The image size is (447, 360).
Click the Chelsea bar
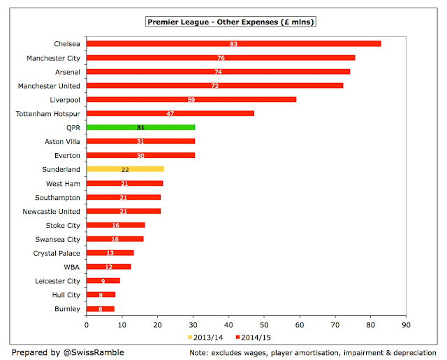click(234, 43)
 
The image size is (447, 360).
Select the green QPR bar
click(141, 127)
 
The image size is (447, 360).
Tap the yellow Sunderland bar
click(125, 169)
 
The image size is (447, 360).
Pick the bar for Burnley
click(101, 309)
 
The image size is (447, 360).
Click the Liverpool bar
click(191, 99)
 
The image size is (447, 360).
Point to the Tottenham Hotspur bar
click(170, 113)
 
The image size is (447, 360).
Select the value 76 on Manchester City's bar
click(221, 58)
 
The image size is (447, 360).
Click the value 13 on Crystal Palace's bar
click(110, 253)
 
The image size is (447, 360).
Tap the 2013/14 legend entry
click(205, 338)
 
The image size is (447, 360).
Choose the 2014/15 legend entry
click(253, 338)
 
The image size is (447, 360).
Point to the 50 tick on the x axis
click(264, 325)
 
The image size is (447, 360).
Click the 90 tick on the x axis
click(406, 325)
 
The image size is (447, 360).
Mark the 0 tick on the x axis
click(87, 325)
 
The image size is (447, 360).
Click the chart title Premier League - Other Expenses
click(230, 22)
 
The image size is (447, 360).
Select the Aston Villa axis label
click(62, 141)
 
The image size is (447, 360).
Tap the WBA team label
click(71, 267)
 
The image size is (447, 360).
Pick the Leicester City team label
click(57, 281)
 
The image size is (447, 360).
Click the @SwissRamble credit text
click(94, 352)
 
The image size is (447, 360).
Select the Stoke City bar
click(116, 225)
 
